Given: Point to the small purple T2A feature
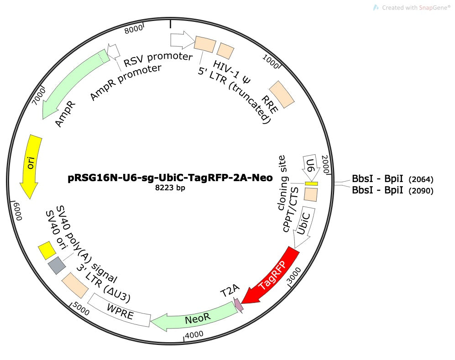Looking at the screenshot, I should (x=238, y=305).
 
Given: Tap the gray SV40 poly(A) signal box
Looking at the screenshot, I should (x=57, y=265).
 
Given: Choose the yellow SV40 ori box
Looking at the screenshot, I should (x=47, y=250).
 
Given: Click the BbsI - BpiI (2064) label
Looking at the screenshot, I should (x=392, y=178).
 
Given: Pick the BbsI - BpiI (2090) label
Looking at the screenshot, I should (x=392, y=190).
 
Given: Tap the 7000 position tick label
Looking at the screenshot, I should (x=39, y=97).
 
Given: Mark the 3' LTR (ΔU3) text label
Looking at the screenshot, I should (x=104, y=285).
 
